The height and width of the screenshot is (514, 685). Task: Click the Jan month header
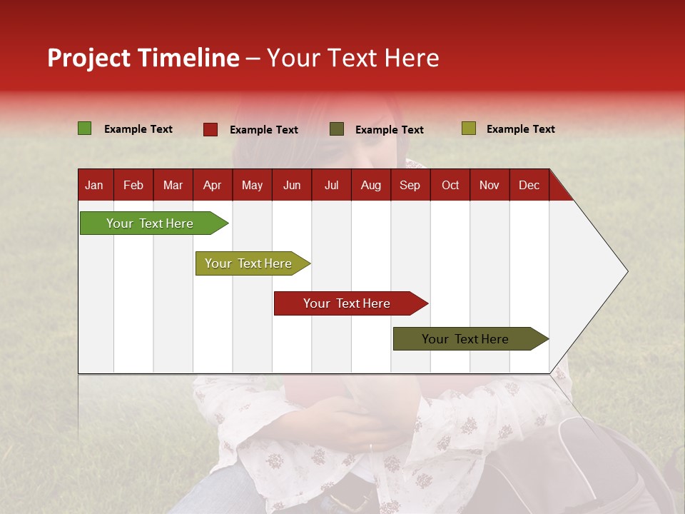click(95, 185)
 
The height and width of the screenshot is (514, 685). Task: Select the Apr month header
click(213, 185)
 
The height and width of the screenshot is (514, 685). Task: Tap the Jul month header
click(331, 185)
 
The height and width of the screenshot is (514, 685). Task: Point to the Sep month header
click(410, 185)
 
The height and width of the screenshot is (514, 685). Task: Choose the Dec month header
click(529, 185)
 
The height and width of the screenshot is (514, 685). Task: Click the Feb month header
click(133, 185)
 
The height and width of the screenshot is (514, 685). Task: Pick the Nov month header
click(489, 185)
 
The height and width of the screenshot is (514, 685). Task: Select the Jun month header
click(292, 185)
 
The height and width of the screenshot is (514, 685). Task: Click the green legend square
click(85, 128)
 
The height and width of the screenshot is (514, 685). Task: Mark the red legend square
click(210, 129)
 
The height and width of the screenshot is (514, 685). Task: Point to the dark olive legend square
click(337, 129)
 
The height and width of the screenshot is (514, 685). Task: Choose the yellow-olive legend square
click(468, 128)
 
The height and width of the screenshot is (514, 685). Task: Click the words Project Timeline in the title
click(143, 58)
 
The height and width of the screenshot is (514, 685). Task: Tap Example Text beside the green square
click(138, 129)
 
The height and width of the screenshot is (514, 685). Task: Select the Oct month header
click(450, 185)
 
